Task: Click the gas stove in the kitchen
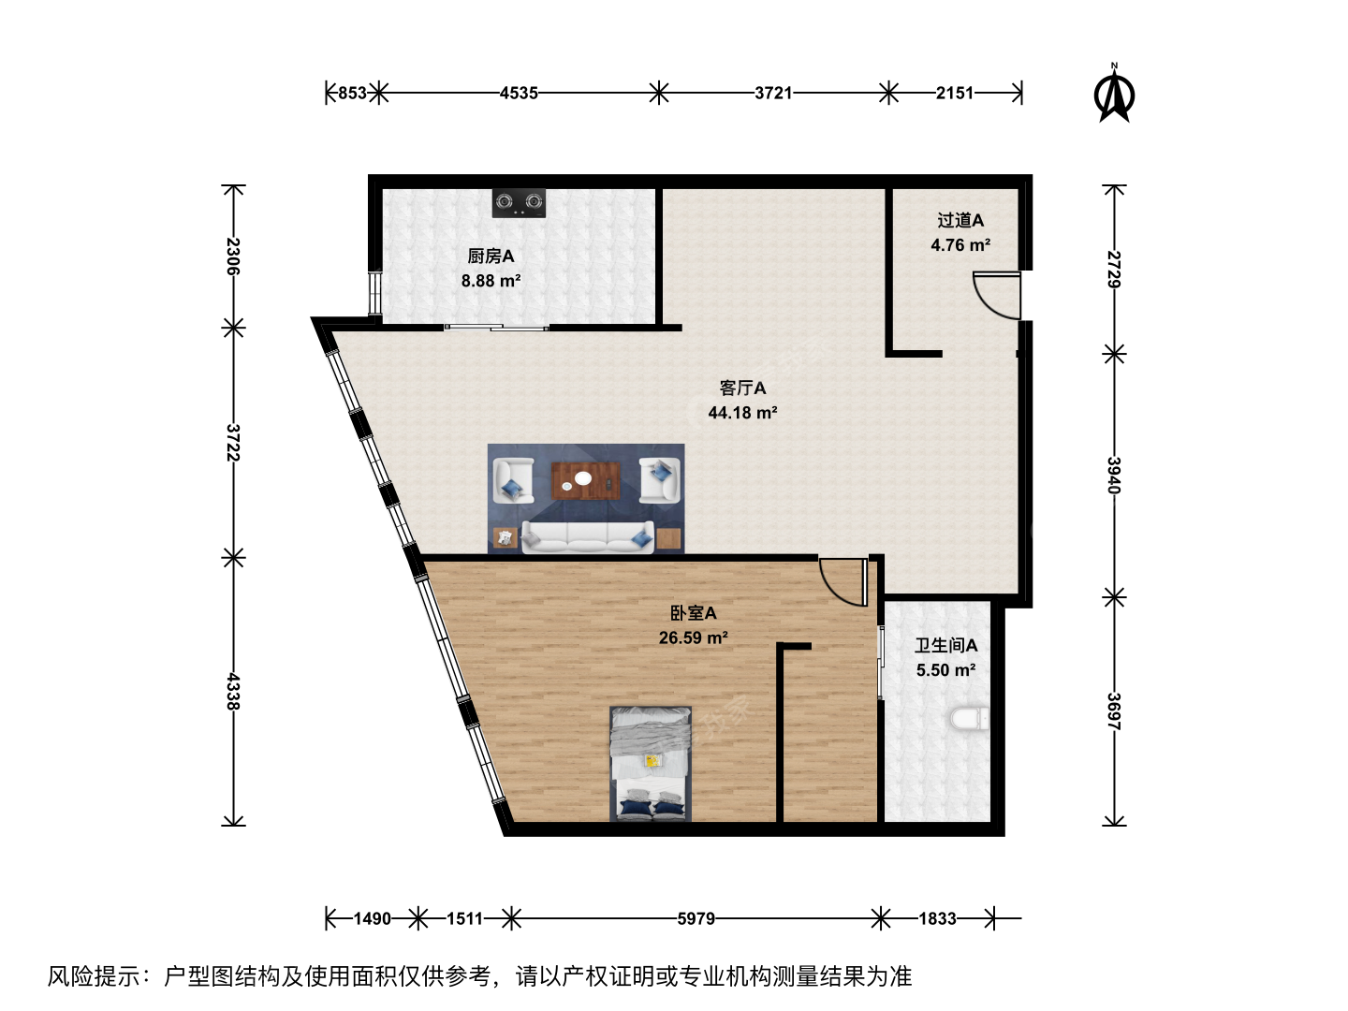click(x=519, y=202)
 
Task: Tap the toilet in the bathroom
click(x=970, y=719)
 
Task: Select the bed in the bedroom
click(x=651, y=764)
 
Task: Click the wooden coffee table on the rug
click(x=585, y=481)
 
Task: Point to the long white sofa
click(x=587, y=537)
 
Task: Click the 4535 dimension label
click(x=519, y=94)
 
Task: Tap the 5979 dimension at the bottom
click(x=696, y=919)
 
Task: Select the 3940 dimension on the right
click(x=1113, y=476)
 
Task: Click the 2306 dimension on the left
click(x=233, y=256)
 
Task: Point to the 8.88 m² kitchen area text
click(x=491, y=281)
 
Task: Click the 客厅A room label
click(x=742, y=388)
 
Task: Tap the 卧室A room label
click(x=694, y=612)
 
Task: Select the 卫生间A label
click(x=945, y=645)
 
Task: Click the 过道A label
click(x=960, y=220)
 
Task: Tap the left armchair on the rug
click(x=513, y=480)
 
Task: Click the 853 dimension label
click(x=352, y=94)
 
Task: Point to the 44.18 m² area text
click(x=742, y=413)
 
